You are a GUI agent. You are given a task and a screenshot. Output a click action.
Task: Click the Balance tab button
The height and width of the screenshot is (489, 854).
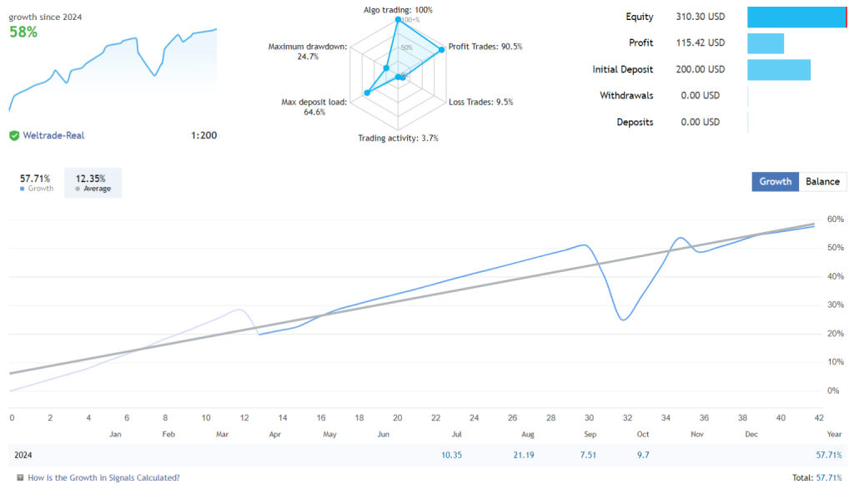pyautogui.click(x=822, y=182)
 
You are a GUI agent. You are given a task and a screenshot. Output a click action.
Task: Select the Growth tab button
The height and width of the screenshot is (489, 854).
pyautogui.click(x=775, y=182)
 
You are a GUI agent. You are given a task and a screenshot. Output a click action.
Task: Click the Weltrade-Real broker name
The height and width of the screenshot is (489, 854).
pyautogui.click(x=53, y=135)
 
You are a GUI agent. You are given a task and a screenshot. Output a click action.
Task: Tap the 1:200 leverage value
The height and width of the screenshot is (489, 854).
pyautogui.click(x=204, y=135)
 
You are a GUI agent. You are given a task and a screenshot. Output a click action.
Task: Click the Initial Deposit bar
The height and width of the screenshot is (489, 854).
pyautogui.click(x=778, y=70)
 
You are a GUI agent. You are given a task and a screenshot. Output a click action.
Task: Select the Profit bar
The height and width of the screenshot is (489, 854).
pyautogui.click(x=766, y=43)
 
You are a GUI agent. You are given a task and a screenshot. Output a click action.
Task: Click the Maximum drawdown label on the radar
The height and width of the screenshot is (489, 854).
pyautogui.click(x=307, y=51)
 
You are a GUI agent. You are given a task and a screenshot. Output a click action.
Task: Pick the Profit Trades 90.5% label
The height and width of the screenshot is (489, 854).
pyautogui.click(x=485, y=47)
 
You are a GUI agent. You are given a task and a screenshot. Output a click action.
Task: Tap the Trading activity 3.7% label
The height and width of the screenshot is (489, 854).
pyautogui.click(x=398, y=139)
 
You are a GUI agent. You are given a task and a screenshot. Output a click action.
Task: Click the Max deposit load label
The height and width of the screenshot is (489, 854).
pyautogui.click(x=314, y=107)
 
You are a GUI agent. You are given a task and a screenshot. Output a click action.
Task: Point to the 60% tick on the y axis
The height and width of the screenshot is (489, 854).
pyautogui.click(x=835, y=219)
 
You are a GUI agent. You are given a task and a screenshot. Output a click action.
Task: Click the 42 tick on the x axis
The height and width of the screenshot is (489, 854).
pyautogui.click(x=819, y=418)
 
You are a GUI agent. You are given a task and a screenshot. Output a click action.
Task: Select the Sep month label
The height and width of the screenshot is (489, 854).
pyautogui.click(x=590, y=435)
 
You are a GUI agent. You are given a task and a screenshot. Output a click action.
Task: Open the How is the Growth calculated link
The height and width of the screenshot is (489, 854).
pyautogui.click(x=103, y=478)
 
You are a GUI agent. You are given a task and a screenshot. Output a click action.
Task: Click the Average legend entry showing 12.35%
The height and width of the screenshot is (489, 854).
pyautogui.click(x=93, y=183)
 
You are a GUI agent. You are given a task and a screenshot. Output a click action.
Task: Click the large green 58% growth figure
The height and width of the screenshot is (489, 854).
pyautogui.click(x=23, y=32)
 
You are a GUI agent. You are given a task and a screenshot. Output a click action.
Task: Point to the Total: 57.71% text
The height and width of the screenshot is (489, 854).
pyautogui.click(x=816, y=478)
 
